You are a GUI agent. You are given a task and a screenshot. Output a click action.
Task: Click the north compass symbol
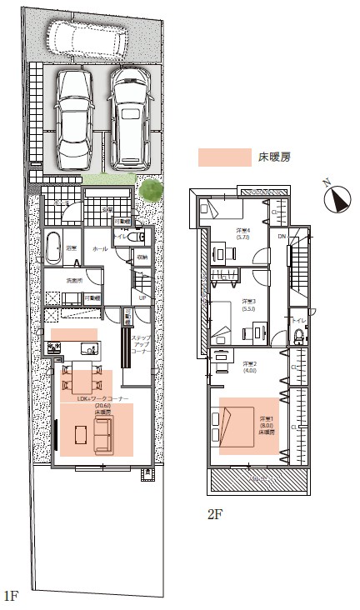pos(337,198)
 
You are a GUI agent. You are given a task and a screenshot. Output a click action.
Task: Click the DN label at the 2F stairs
pos(282,237)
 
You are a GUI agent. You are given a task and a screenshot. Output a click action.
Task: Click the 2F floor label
pos(215,514)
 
